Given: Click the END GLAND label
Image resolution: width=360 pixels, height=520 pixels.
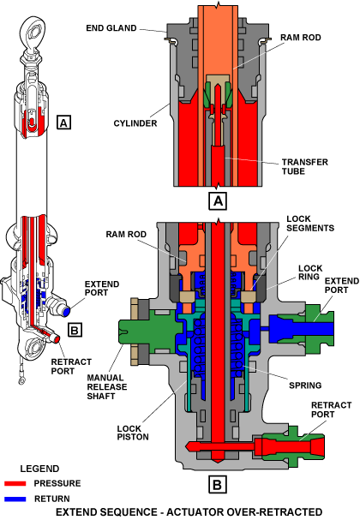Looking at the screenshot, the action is [111, 28].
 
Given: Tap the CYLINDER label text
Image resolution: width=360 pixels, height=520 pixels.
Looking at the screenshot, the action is [135, 123].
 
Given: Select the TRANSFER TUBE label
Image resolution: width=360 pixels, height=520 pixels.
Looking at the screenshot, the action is [305, 166].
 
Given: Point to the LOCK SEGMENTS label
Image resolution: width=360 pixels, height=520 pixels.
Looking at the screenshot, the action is [310, 224].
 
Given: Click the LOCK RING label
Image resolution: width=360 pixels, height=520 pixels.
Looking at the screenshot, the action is [310, 272].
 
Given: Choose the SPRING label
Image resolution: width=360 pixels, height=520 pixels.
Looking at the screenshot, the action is [305, 386].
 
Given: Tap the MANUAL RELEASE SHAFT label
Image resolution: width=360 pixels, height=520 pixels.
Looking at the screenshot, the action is [107, 386].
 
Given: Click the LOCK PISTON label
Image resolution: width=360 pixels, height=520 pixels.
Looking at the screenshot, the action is [133, 433].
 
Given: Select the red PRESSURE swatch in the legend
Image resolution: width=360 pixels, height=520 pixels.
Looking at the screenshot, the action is [15, 483].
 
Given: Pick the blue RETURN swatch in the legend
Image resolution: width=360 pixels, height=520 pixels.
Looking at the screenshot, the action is [15, 499].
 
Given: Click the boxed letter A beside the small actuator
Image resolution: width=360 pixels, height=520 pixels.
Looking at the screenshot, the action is [63, 123].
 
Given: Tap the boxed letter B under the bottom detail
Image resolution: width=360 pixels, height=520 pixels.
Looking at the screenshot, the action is [218, 485].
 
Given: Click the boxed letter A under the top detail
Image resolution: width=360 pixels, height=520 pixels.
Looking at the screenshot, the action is [218, 200].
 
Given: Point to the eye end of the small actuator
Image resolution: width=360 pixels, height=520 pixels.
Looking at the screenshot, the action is [33, 33].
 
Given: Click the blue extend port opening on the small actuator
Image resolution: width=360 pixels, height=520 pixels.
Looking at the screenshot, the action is [66, 312].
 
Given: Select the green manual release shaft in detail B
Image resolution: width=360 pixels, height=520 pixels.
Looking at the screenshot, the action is [149, 331].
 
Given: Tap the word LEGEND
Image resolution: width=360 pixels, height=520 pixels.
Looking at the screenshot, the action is [39, 469].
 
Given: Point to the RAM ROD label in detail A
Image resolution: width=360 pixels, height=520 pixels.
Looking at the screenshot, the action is [301, 38].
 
